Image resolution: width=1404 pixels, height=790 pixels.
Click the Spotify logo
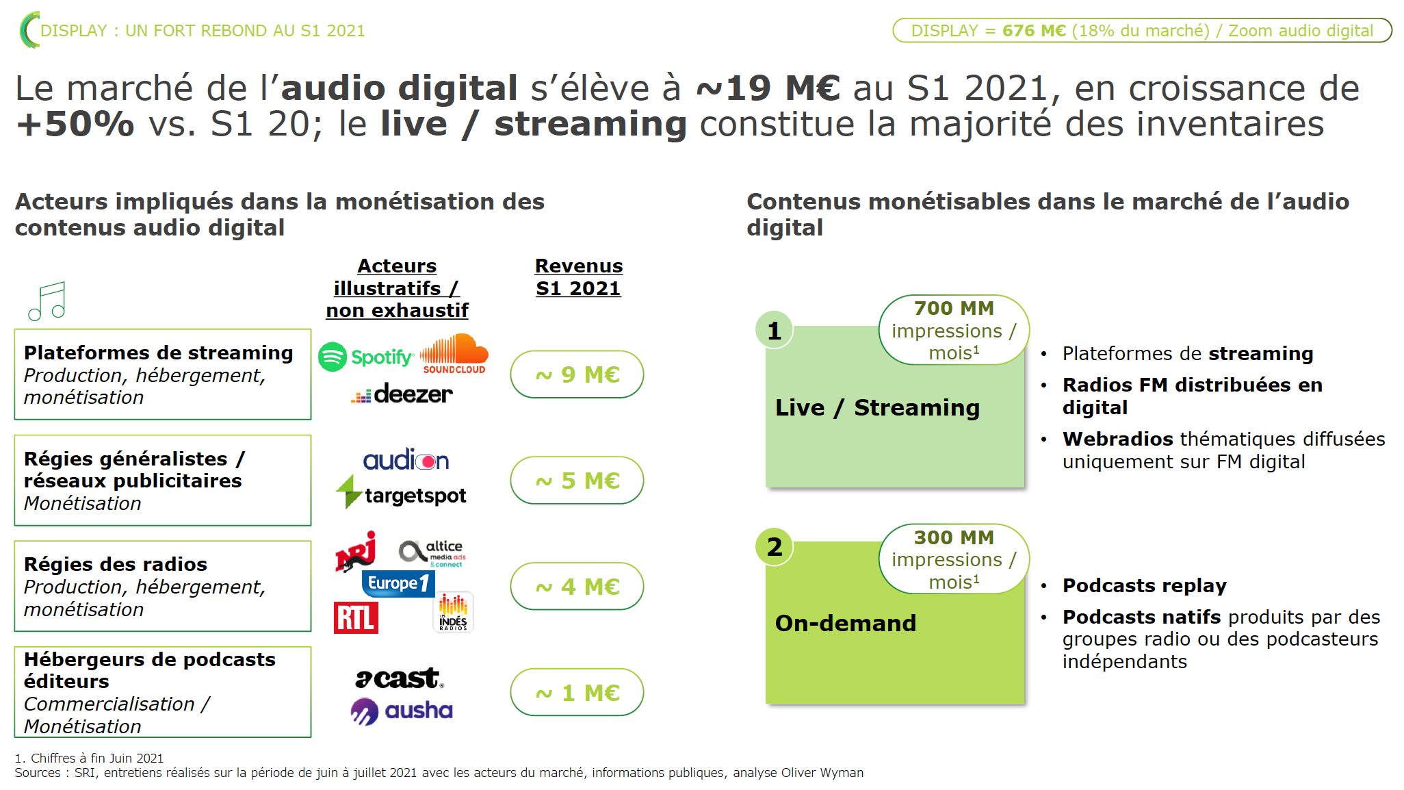[x=366, y=357]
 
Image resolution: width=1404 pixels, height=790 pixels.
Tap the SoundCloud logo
[x=454, y=354]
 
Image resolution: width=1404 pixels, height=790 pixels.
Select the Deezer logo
[x=402, y=394]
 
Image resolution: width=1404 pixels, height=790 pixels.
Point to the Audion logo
[x=406, y=459]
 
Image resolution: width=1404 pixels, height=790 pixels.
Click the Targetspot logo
[x=401, y=493]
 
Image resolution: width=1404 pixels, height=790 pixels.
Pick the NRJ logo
[x=356, y=551]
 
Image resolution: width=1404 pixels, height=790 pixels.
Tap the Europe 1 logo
[x=398, y=583]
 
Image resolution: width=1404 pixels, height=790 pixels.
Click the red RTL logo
[x=356, y=617]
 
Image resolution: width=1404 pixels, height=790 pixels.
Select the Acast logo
[x=400, y=678]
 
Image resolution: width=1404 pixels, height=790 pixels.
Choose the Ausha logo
[x=402, y=711]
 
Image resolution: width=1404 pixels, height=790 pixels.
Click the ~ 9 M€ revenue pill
[x=577, y=374]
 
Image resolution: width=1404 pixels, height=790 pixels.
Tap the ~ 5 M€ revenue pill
[x=577, y=481]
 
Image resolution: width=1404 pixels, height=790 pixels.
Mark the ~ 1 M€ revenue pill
[x=577, y=692]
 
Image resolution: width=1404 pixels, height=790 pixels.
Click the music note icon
[x=47, y=301]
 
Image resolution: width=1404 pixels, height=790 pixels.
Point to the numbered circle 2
[x=775, y=546]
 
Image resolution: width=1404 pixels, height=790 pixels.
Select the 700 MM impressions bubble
[x=954, y=330]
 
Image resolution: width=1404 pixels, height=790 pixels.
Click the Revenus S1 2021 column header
[x=579, y=277]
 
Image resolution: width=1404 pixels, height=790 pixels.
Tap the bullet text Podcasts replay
[x=1145, y=586]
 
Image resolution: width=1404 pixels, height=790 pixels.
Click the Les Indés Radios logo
[x=454, y=612]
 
